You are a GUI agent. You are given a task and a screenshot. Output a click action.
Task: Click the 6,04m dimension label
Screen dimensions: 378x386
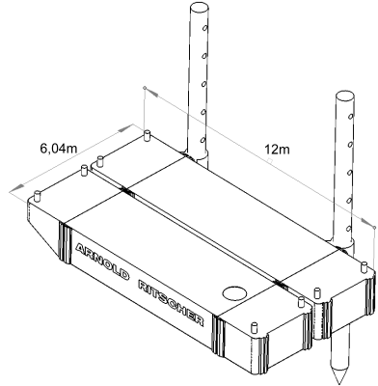click(58, 149)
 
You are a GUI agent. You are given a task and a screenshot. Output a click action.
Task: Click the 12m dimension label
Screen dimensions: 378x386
click(277, 149)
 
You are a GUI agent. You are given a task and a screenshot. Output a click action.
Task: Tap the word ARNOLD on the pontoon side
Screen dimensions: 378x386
click(102, 262)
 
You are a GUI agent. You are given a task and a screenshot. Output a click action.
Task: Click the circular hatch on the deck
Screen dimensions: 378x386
click(234, 293)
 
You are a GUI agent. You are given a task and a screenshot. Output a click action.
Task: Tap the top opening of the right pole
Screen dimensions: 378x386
click(344, 96)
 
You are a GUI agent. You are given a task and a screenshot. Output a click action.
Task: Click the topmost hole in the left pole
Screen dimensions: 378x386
click(203, 29)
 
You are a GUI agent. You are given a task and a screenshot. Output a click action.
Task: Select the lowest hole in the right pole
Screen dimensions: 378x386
click(348, 229)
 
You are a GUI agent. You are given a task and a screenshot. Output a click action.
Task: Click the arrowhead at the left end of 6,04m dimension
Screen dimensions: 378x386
click(17, 187)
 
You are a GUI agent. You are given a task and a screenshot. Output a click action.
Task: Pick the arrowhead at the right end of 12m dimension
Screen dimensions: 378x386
click(367, 223)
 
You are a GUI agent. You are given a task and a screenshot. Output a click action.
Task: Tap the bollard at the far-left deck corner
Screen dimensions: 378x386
click(38, 196)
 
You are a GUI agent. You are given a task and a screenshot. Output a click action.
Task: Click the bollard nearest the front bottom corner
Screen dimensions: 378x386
click(255, 327)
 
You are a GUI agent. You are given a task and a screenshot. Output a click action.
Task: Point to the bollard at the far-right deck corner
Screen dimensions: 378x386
click(364, 268)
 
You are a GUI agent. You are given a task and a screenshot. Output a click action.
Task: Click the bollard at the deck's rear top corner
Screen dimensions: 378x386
click(147, 136)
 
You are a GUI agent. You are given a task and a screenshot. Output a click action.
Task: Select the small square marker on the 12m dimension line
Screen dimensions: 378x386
click(271, 160)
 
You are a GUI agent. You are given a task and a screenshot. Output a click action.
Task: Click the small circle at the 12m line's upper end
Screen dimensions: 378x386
click(145, 88)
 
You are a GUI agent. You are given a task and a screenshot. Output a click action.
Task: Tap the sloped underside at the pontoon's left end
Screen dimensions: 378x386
click(45, 236)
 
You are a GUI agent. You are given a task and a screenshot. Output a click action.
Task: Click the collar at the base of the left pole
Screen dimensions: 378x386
click(196, 156)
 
